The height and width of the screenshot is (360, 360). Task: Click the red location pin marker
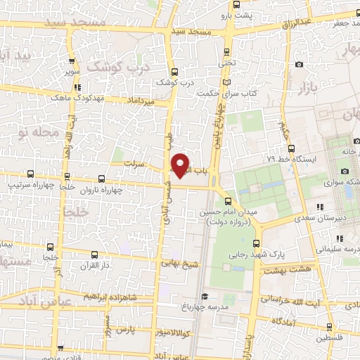(x=181, y=165)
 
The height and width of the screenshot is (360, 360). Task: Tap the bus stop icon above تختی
(x=226, y=51)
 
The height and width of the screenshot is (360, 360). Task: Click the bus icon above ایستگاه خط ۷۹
(x=292, y=148)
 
